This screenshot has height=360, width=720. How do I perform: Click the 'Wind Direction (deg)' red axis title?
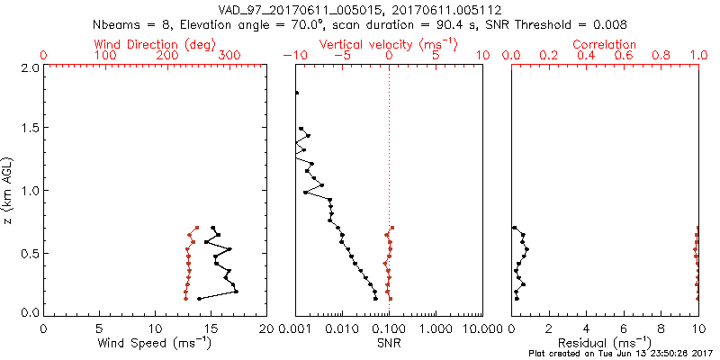click(156, 44)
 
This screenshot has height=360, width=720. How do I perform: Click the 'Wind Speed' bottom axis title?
click(156, 342)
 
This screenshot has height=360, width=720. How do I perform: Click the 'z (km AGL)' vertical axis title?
click(8, 190)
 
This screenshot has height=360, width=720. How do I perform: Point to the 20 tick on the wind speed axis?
click(265, 328)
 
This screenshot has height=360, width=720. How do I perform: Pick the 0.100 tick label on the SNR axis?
click(389, 328)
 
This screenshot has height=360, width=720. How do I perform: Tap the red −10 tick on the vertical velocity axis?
click(295, 56)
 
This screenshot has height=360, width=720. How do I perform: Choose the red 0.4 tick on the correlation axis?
click(587, 56)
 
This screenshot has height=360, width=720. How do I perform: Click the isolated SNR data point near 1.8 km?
click(296, 93)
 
